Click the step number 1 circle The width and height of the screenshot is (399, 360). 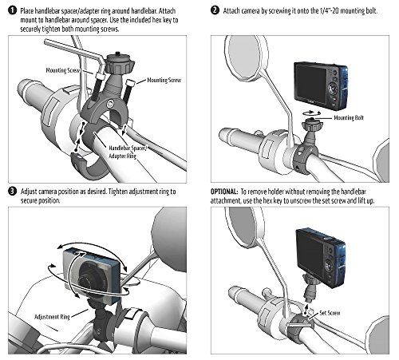click(x=12, y=10)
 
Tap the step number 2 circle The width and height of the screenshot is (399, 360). click(x=215, y=10)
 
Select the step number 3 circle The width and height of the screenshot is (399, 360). click(x=12, y=192)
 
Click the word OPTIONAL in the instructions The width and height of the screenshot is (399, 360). click(x=224, y=192)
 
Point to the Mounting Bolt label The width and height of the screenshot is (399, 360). click(x=349, y=117)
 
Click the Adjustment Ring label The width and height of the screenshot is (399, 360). click(x=52, y=317)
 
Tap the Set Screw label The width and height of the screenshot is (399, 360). click(x=330, y=313)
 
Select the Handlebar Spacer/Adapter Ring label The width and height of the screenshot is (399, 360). click(x=127, y=152)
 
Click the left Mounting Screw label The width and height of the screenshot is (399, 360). click(x=63, y=70)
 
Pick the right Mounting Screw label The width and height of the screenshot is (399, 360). click(x=164, y=80)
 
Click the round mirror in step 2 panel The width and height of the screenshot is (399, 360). click(x=245, y=57)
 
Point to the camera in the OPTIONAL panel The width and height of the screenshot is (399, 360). click(x=321, y=257)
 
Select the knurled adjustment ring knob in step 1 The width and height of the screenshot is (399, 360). click(x=120, y=64)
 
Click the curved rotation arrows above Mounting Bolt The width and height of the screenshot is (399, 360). click(x=310, y=113)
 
